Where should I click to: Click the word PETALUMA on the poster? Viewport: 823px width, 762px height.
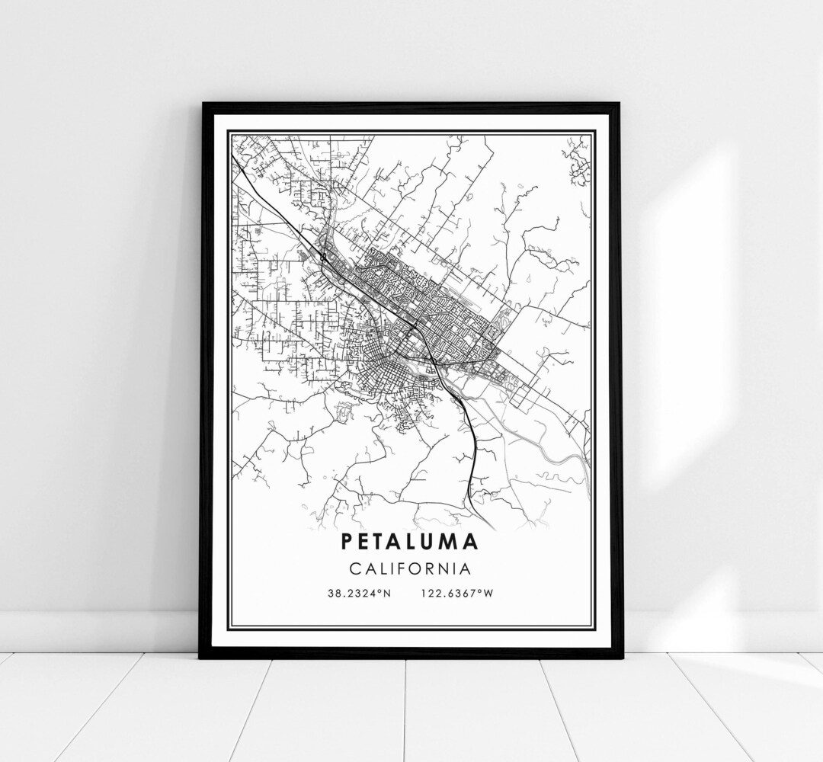coord(410,542)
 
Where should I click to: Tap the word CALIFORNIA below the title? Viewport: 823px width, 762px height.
coord(410,568)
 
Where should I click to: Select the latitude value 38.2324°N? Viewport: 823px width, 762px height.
coord(360,594)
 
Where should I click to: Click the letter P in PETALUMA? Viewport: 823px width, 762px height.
coord(347,542)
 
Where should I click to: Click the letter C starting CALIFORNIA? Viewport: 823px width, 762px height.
coord(356,568)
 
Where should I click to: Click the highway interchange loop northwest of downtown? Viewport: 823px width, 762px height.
coord(324,258)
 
